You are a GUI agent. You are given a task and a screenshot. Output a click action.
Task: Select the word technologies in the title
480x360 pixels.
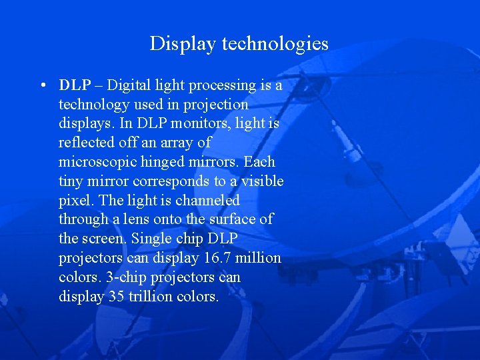pyautogui.click(x=275, y=44)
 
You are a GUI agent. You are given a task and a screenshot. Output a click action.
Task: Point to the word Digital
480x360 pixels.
pyautogui.click(x=129, y=85)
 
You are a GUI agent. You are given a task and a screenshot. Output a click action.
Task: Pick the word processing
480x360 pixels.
pyautogui.click(x=222, y=86)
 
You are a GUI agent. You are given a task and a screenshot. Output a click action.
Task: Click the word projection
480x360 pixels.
pyautogui.click(x=217, y=105)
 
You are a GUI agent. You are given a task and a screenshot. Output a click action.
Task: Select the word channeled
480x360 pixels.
pyautogui.click(x=207, y=200)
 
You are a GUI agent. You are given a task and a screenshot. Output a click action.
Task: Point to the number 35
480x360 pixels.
pyautogui.click(x=115, y=296)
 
